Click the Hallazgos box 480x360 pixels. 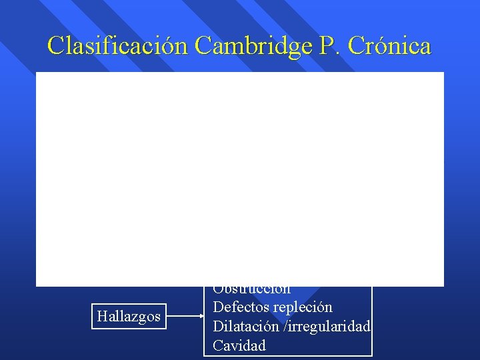[129, 316]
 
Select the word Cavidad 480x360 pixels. [239, 345]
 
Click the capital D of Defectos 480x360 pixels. [217, 307]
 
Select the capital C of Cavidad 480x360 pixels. [217, 345]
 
